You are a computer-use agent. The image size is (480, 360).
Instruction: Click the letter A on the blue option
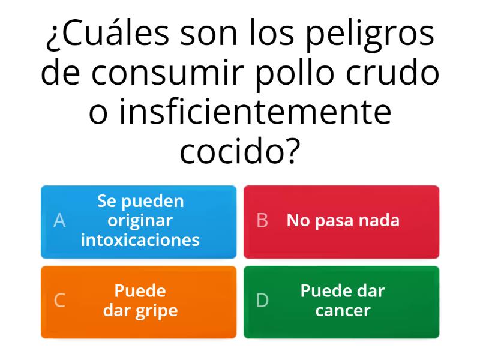tap(59, 221)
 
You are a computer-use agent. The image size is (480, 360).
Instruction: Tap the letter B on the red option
tap(262, 221)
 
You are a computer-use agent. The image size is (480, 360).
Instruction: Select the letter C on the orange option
tap(59, 301)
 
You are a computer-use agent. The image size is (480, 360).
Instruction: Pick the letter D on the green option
tap(262, 301)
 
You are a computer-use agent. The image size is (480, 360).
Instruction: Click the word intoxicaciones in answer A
tap(140, 240)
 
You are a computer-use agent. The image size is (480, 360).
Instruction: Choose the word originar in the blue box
tap(140, 220)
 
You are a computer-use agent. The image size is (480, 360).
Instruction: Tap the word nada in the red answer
tap(379, 220)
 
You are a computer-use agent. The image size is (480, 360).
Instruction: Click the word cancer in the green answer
tap(343, 311)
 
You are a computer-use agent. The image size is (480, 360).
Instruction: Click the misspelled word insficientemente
tap(240, 112)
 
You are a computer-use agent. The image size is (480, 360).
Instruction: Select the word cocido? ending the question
tap(240, 151)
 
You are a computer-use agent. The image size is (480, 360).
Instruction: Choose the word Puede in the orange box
tap(140, 291)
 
